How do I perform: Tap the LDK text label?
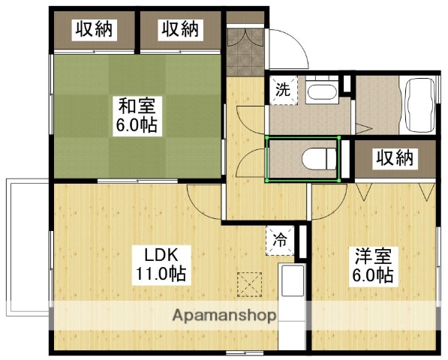point(161,252)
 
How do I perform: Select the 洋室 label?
point(374,256)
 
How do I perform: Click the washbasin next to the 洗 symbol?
point(320,93)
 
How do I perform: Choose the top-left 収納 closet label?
point(93,29)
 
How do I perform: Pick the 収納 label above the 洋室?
point(394,159)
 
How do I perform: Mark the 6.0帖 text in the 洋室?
point(374,275)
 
